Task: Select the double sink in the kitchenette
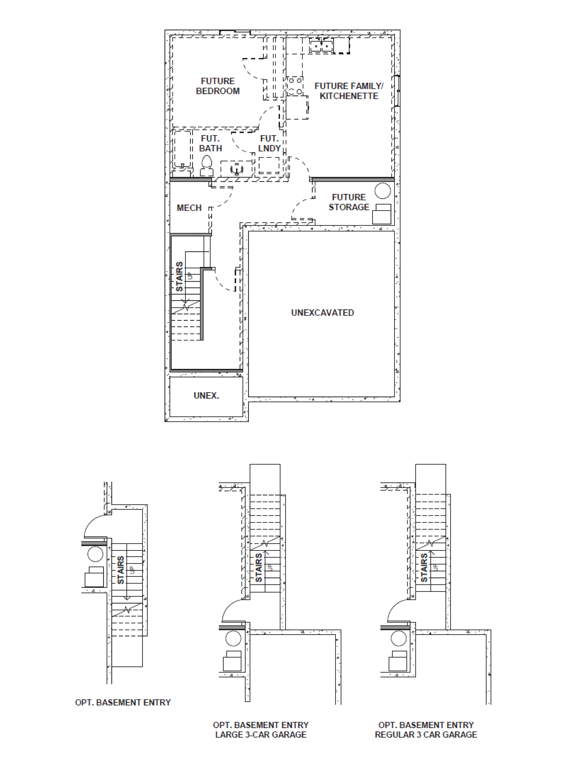pyautogui.click(x=321, y=46)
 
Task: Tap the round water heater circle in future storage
pyautogui.click(x=382, y=191)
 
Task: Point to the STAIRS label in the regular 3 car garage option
pyautogui.click(x=424, y=568)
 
